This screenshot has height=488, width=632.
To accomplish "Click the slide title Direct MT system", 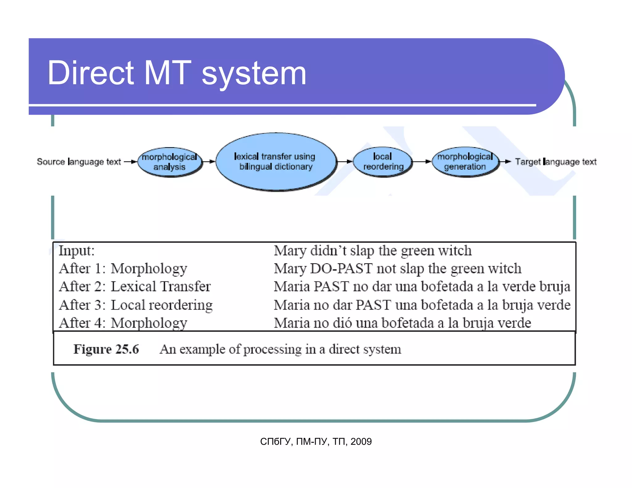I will click(177, 73).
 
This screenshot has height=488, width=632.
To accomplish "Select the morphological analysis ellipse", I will click(169, 162).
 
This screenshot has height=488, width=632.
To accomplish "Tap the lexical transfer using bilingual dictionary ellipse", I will click(275, 162).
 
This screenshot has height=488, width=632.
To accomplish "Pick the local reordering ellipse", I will click(383, 162).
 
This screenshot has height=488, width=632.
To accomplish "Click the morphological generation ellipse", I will click(465, 162).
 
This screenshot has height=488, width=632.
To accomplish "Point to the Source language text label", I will click(79, 162).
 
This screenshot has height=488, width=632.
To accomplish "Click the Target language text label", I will click(556, 162).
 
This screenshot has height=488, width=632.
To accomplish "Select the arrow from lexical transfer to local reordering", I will click(344, 161).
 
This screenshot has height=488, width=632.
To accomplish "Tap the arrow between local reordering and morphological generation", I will click(422, 161).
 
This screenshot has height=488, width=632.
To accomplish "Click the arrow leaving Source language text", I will click(130, 161).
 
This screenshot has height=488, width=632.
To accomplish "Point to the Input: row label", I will click(77, 250).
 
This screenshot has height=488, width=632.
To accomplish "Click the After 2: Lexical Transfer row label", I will click(135, 287).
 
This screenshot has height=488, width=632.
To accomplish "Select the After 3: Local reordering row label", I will click(136, 305).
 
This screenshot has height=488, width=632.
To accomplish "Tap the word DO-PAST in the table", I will click(341, 269).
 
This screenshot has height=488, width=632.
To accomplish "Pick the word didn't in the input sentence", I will click(328, 250).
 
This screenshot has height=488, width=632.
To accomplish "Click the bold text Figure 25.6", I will click(106, 349).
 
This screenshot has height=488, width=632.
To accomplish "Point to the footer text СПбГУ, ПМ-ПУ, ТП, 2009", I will click(316, 441).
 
